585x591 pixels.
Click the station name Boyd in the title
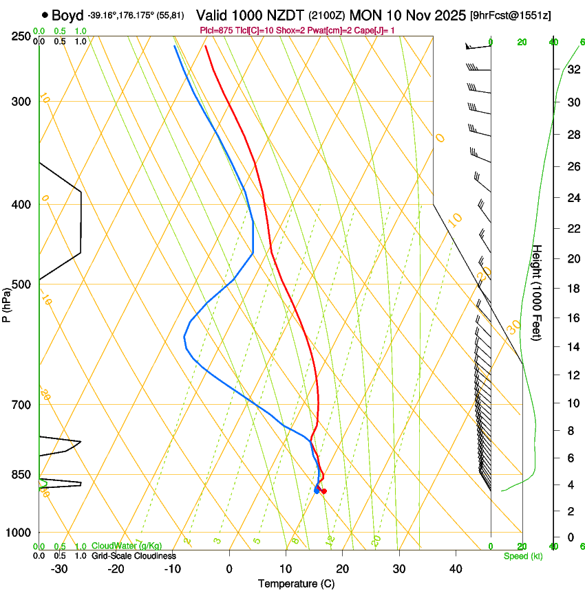point(67,15)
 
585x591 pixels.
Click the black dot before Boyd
point(45,15)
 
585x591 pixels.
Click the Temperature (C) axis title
point(296,583)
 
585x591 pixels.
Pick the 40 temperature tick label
point(455,569)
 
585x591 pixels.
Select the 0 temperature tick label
point(229,569)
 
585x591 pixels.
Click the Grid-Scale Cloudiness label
point(134,556)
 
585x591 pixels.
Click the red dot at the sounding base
point(323,491)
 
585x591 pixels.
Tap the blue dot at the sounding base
point(317,490)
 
